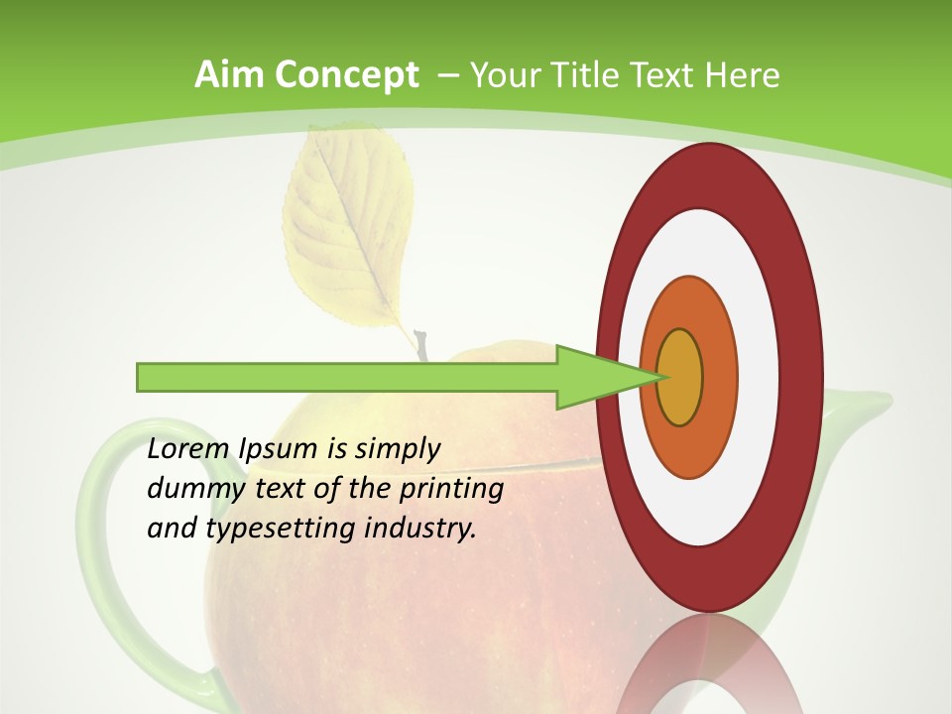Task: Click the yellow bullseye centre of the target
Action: click(680, 378)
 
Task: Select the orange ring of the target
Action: click(718, 377)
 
